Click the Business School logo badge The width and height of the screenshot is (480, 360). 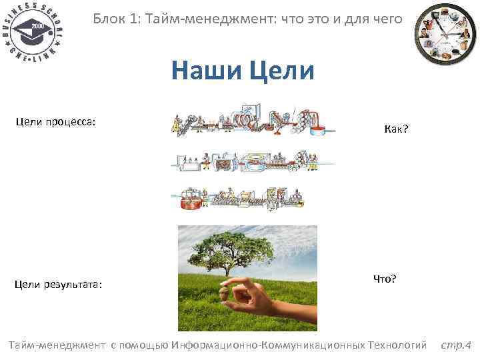33,32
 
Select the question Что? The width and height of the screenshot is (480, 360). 385,279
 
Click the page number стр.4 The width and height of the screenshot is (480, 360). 455,345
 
